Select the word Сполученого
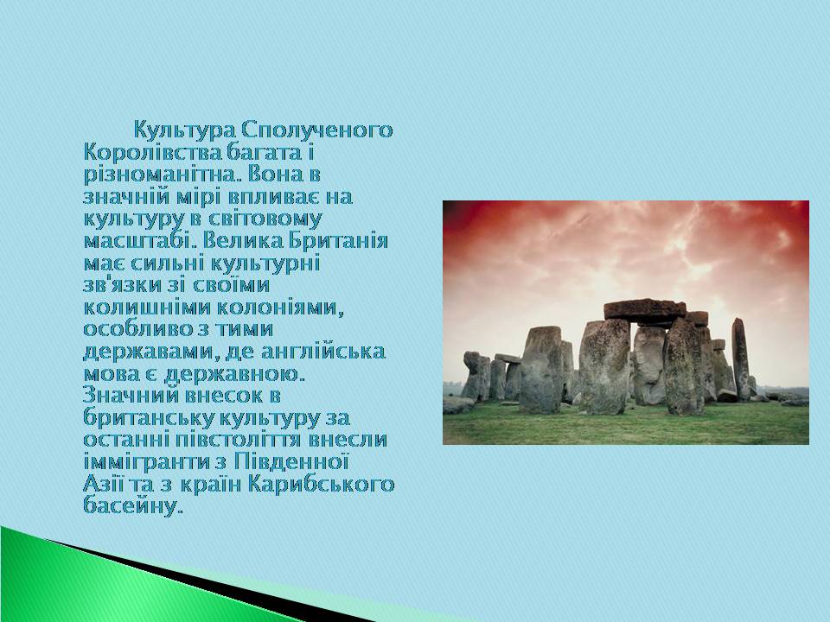pyautogui.click(x=317, y=130)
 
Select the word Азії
pyautogui.click(x=104, y=485)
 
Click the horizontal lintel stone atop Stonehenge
pyautogui.click(x=645, y=309)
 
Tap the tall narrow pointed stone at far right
pyautogui.click(x=741, y=359)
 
